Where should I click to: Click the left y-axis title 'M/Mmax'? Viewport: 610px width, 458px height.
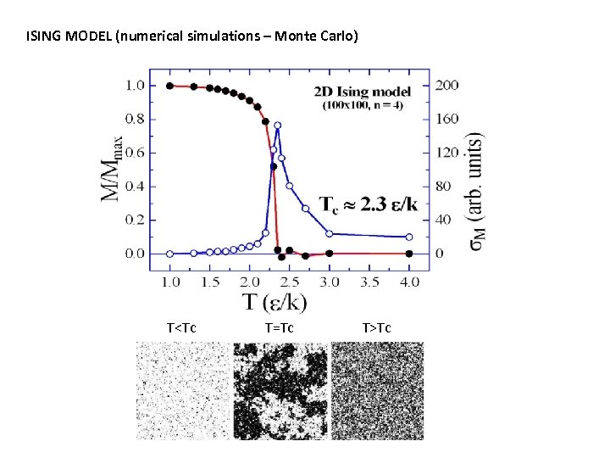(113, 169)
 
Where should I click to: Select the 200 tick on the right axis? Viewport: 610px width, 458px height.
(446, 86)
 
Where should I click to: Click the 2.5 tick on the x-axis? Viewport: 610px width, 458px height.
(289, 281)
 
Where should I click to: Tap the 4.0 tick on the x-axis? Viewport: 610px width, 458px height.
(408, 281)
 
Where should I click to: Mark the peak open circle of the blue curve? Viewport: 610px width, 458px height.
(277, 126)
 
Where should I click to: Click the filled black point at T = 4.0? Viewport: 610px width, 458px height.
(409, 254)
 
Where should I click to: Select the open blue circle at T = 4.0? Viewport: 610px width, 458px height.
(409, 237)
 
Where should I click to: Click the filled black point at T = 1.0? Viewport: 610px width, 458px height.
(170, 86)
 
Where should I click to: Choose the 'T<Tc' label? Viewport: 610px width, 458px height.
(182, 328)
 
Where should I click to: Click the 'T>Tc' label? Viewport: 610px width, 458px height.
(376, 328)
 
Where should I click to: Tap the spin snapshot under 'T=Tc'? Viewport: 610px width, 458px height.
(280, 390)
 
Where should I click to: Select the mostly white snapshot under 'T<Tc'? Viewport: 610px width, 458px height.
(182, 390)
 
